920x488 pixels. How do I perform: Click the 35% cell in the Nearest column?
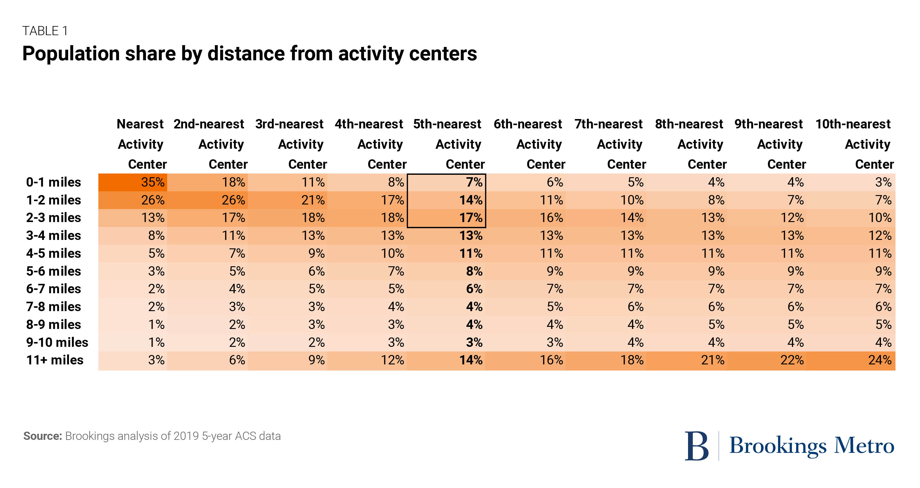[153, 182]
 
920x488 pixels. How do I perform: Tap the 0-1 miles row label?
[54, 182]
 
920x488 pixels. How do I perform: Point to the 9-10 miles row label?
[57, 342]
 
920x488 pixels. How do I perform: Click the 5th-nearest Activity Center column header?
[448, 144]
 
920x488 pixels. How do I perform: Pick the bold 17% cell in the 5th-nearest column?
[470, 217]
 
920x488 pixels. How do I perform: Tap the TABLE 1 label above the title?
[45, 31]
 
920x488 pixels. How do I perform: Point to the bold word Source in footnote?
[42, 436]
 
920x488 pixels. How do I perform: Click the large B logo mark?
[696, 446]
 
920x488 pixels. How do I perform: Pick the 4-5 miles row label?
[54, 253]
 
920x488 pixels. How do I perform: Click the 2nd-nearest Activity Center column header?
[210, 144]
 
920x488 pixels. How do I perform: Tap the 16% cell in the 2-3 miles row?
[551, 217]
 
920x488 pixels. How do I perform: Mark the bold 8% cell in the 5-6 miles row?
[474, 271]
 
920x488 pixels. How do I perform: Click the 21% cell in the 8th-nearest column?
[712, 360]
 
